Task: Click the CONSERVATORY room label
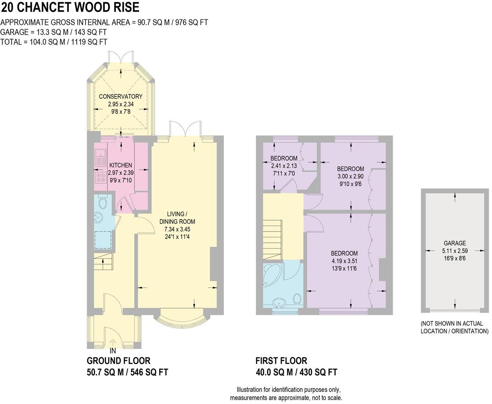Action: [120, 96]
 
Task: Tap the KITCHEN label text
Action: [120, 165]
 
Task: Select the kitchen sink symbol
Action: [100, 157]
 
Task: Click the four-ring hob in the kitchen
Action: [100, 178]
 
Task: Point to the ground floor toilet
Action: [103, 202]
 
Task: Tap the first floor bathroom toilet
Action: [297, 299]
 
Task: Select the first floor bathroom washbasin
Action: [279, 303]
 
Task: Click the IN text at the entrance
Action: [113, 351]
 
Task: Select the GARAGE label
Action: [455, 243]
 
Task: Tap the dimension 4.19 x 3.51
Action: [344, 261]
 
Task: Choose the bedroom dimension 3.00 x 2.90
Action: [350, 176]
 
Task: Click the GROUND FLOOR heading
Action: [118, 361]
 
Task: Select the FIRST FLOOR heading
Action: [281, 361]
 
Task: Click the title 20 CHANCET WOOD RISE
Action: [70, 7]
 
